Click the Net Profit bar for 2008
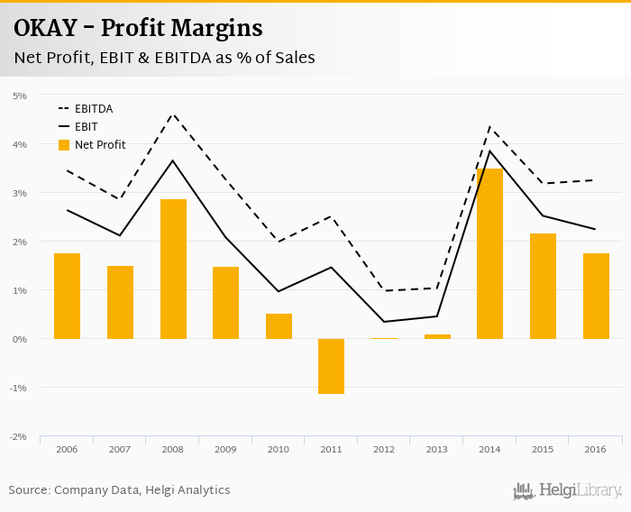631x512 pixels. (173, 269)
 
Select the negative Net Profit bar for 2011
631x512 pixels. (331, 366)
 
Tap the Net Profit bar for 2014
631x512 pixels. (489, 253)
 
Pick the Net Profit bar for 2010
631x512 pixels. (279, 326)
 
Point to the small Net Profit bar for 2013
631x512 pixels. (437, 336)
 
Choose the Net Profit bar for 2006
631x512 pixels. (67, 296)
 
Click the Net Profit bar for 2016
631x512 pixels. (596, 296)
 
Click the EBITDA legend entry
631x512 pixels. (93, 109)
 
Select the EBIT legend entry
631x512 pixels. (86, 127)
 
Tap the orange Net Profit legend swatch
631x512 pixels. (64, 144)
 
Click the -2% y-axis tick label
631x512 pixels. (18, 436)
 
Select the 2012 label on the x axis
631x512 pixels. (384, 449)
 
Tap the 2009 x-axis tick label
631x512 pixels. (225, 449)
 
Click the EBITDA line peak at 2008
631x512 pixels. (173, 114)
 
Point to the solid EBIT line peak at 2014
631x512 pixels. (489, 151)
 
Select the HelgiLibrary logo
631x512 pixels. (568, 490)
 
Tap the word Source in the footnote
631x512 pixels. (29, 490)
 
